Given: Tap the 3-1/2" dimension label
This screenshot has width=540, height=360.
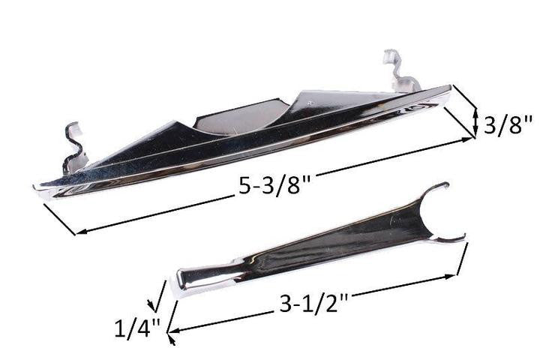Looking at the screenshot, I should (314, 304).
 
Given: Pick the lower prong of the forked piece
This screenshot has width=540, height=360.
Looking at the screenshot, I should (451, 239).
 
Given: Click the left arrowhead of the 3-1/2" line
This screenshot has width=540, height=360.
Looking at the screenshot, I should (172, 331).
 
